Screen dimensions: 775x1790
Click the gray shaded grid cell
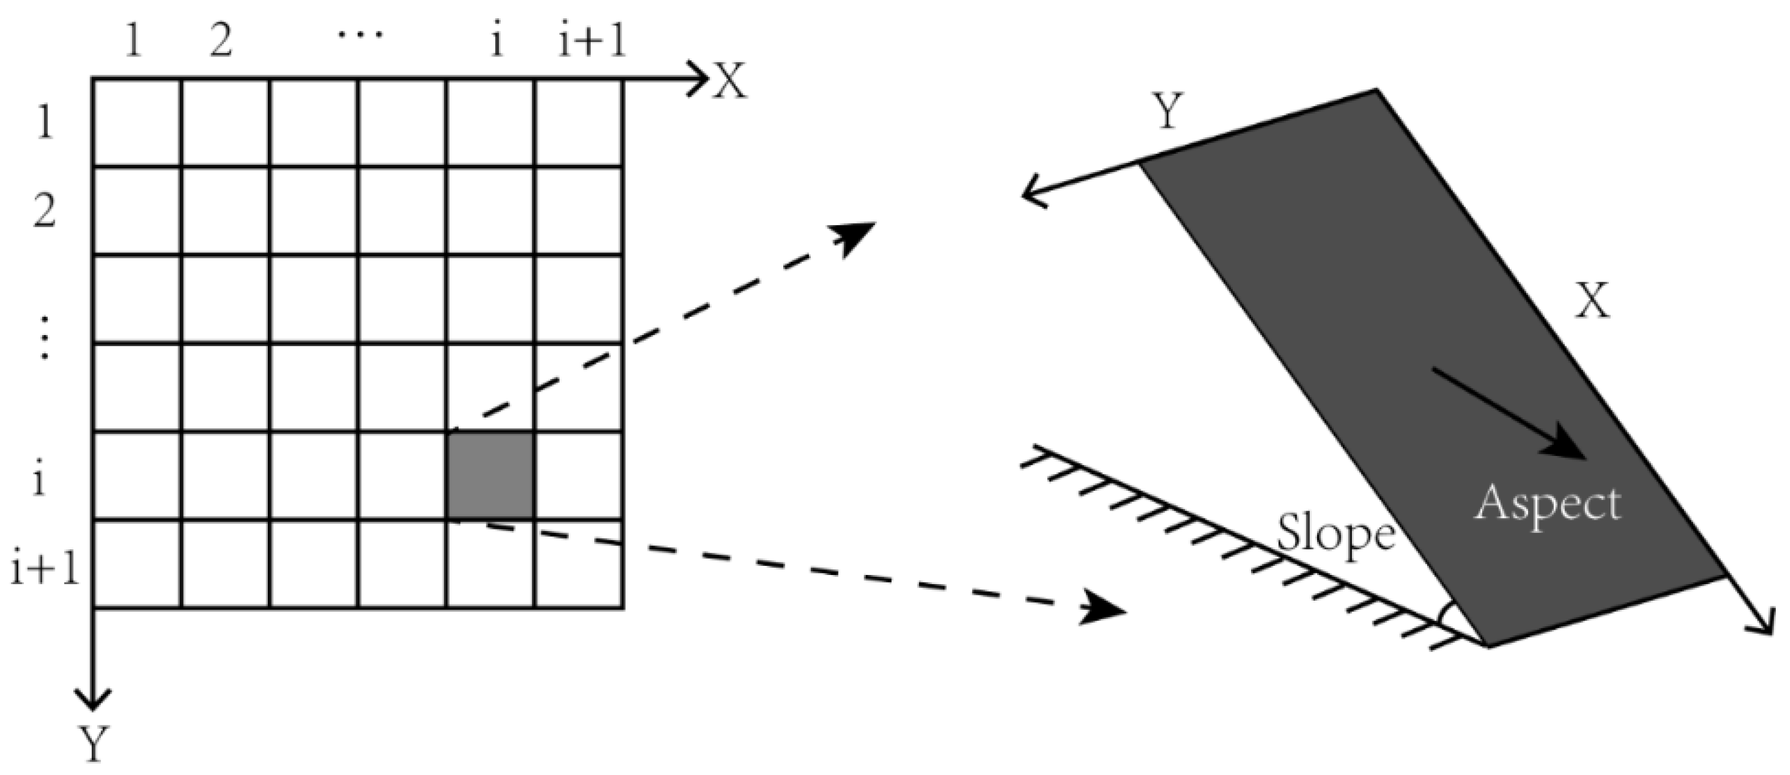491,476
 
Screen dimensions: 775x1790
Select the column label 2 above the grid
221,41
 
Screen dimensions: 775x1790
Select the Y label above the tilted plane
1167,111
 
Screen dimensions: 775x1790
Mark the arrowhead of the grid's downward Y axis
92,699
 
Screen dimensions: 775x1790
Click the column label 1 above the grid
133,41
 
